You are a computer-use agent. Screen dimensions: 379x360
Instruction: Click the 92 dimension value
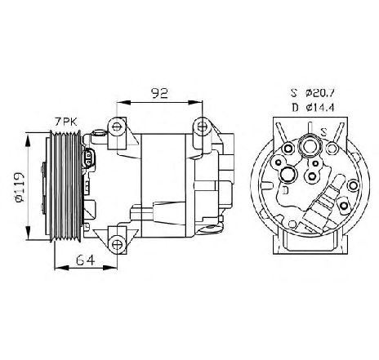tap(160, 93)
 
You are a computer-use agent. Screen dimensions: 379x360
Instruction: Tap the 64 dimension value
tap(86, 260)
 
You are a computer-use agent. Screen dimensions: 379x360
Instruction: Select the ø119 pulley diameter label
tap(20, 187)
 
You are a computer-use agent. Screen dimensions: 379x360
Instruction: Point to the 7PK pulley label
tap(66, 122)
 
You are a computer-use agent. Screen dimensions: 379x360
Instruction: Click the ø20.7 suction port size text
tap(320, 93)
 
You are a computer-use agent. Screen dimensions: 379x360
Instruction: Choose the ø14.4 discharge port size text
tap(320, 108)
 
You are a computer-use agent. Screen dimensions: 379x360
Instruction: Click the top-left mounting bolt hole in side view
tap(117, 127)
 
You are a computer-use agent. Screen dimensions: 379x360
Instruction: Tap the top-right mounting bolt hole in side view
tap(202, 126)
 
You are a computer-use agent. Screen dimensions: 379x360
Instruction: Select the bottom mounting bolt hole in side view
tap(117, 244)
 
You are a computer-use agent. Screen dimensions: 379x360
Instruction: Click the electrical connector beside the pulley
tap(88, 158)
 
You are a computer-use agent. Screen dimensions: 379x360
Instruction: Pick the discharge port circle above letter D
tap(288, 174)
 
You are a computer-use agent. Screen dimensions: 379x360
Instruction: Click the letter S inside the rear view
tap(323, 132)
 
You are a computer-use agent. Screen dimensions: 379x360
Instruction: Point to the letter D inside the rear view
tap(285, 190)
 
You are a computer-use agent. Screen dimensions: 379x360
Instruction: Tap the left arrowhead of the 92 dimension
tap(123, 102)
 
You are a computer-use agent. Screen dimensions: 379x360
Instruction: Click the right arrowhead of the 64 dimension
tap(110, 268)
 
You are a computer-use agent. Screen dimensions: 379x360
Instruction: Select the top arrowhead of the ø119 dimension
tap(28, 140)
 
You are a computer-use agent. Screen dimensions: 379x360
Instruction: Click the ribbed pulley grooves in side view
tap(66, 187)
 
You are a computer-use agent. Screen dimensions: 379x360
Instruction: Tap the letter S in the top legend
tap(294, 93)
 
